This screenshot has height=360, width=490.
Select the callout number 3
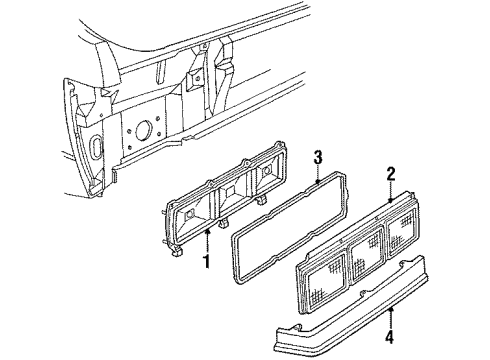pyautogui.click(x=317, y=155)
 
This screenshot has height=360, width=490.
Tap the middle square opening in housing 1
pyautogui.click(x=229, y=204)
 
